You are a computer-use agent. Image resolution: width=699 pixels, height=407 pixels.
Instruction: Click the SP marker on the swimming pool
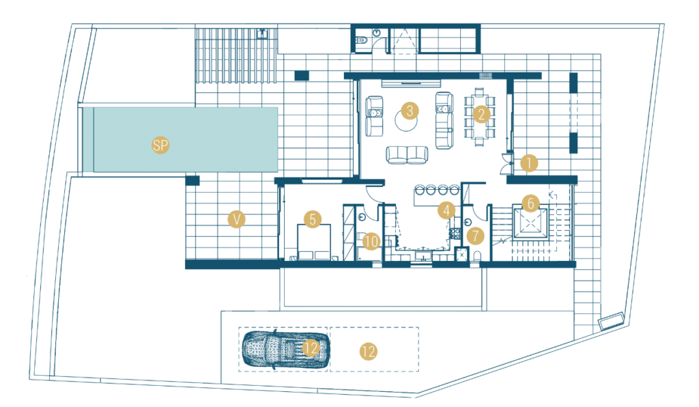point(160,145)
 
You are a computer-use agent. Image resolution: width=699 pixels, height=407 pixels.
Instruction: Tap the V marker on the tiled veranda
point(236,219)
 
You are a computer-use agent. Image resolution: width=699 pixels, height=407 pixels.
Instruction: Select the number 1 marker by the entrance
point(529,164)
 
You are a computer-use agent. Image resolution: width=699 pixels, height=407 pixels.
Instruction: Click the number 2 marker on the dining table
point(481,114)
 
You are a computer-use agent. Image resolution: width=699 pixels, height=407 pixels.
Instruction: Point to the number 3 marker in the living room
point(410,111)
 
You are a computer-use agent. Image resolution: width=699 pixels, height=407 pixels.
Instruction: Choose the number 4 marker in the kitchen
point(446,210)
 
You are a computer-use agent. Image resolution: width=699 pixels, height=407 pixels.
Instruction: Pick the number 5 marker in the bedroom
point(313,219)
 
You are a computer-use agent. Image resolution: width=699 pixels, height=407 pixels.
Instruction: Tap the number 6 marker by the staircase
point(530,203)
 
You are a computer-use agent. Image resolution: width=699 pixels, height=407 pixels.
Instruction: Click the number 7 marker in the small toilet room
point(476,236)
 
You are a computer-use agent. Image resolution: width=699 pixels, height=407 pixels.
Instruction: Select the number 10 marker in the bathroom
point(371,242)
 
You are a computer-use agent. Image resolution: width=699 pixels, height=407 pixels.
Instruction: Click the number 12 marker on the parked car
point(311,348)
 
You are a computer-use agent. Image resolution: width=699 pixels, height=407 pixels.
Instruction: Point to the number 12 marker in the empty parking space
point(368,352)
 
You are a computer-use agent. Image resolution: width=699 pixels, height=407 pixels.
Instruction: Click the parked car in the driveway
point(286,350)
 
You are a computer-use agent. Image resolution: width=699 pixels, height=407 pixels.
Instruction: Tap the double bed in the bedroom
point(314,242)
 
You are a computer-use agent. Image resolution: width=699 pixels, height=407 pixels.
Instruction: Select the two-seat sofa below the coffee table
point(407,155)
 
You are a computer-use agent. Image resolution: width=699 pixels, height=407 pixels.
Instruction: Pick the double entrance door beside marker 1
point(506,164)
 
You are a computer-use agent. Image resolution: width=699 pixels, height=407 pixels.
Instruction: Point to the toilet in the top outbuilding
point(361,40)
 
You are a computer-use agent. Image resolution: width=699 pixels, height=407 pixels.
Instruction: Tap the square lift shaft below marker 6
point(530,223)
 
